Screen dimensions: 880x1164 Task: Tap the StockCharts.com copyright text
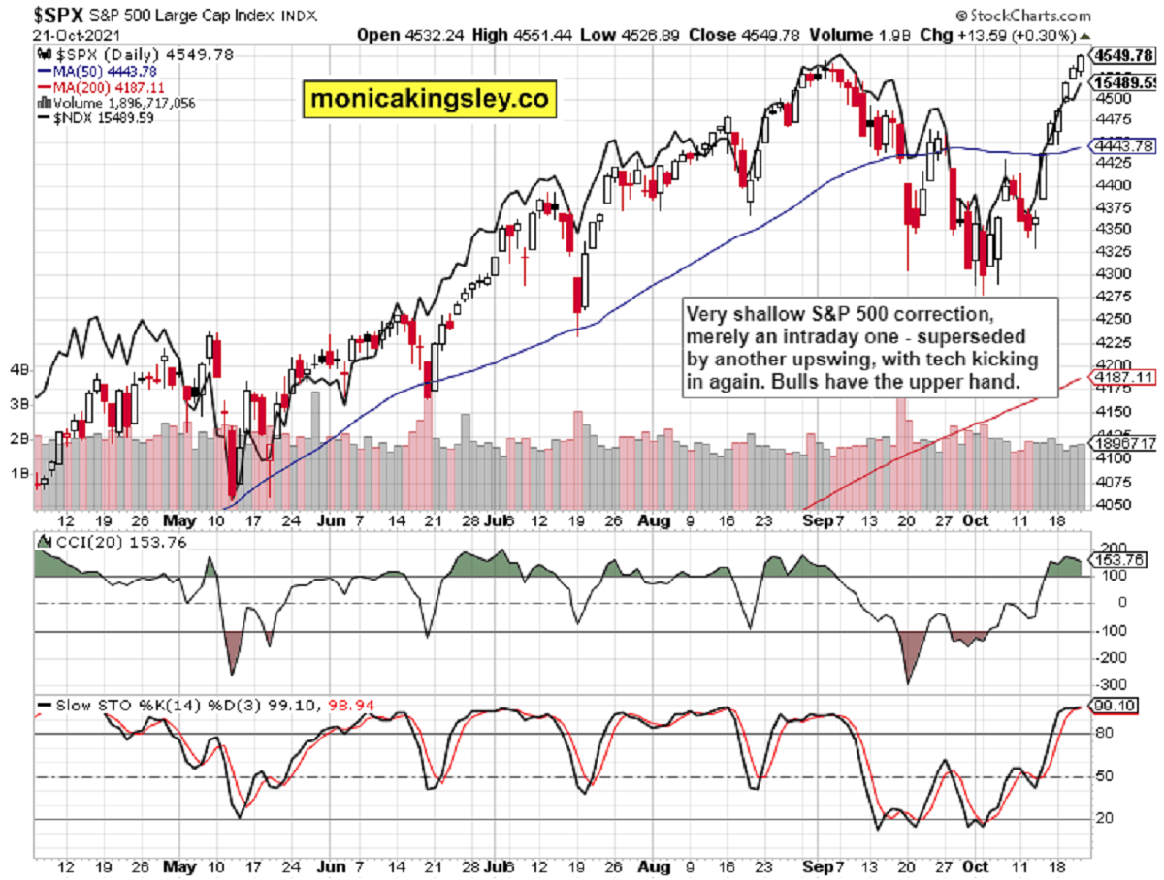coord(1026,16)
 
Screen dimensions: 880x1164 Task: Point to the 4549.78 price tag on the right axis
coord(1125,54)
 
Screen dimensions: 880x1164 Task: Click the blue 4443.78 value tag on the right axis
coord(1125,145)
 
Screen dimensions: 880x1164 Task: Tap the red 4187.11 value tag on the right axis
coord(1125,376)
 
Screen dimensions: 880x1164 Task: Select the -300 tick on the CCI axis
coord(1109,657)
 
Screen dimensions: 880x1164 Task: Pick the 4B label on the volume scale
coord(18,369)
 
